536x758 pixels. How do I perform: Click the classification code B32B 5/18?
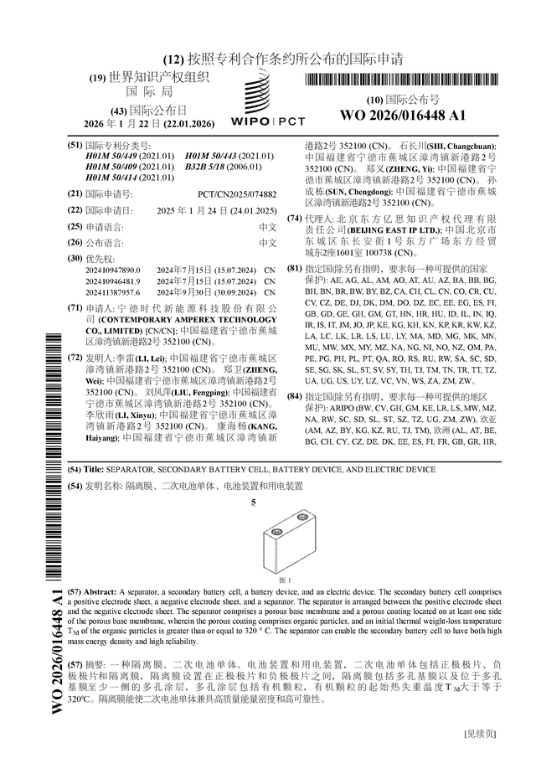click(210, 167)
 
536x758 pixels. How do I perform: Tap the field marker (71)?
click(75, 309)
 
